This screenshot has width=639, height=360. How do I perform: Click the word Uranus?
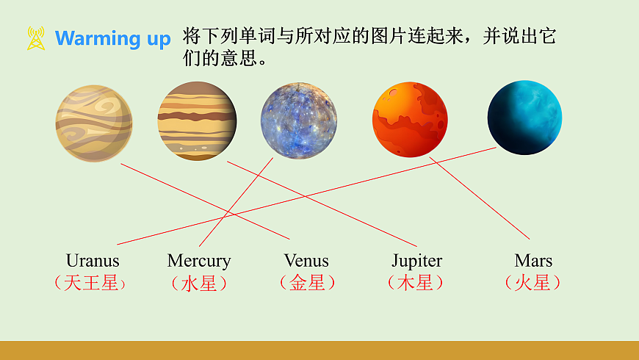[93, 261]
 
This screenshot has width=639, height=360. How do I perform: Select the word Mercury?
[199, 261]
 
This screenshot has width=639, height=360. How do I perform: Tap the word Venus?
[306, 261]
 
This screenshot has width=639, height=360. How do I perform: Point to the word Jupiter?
[416, 261]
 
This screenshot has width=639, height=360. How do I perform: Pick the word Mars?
[533, 261]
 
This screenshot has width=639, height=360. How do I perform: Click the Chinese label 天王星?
[91, 283]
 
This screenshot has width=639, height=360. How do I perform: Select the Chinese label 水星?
[199, 284]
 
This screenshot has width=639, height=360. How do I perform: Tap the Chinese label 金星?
[307, 283]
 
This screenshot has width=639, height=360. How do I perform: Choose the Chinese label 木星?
[416, 283]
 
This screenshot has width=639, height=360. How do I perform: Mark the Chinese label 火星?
[533, 283]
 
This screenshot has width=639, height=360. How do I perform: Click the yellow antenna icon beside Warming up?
[36, 38]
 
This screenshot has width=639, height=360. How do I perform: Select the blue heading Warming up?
[112, 39]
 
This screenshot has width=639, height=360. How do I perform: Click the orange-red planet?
[410, 120]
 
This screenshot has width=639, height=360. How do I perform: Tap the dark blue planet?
[524, 118]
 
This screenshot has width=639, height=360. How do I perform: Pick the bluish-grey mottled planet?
[298, 120]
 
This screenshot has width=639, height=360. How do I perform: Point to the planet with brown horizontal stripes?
[197, 120]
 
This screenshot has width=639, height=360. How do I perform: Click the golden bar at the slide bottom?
[319, 350]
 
